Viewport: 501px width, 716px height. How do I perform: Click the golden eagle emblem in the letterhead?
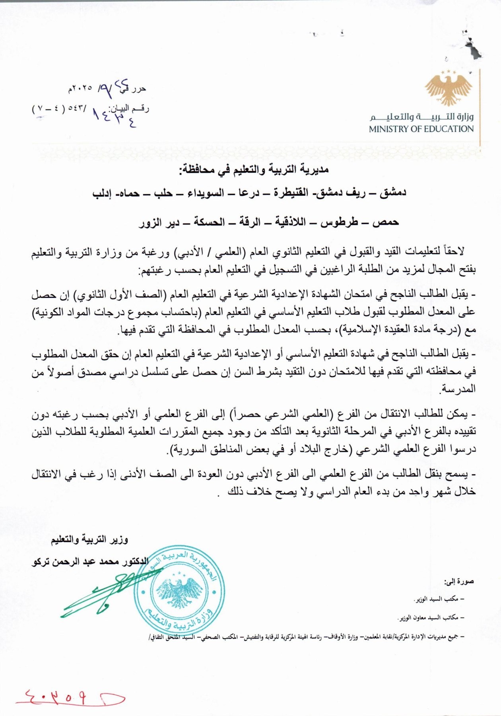click(448, 88)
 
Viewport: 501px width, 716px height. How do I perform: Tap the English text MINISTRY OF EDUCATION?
click(421, 129)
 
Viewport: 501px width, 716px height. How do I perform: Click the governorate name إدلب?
click(102, 194)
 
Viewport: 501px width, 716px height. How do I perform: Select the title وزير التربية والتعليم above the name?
click(89, 540)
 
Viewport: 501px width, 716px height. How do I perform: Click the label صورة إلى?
click(459, 582)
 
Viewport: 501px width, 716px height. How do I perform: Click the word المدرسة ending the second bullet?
click(458, 389)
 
